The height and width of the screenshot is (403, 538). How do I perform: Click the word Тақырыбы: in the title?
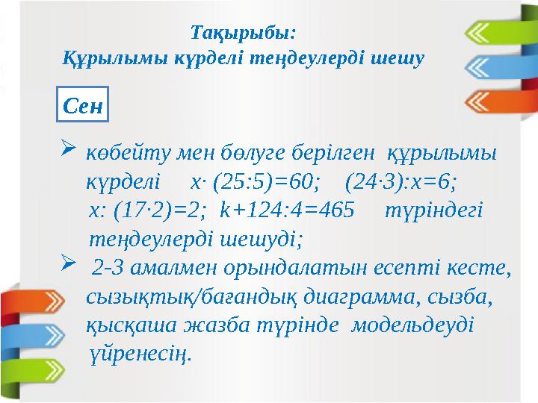(244, 33)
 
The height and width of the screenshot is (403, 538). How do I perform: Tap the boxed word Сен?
(83, 105)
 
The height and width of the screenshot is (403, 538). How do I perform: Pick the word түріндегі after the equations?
(433, 210)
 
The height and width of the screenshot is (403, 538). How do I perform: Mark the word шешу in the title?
(401, 57)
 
